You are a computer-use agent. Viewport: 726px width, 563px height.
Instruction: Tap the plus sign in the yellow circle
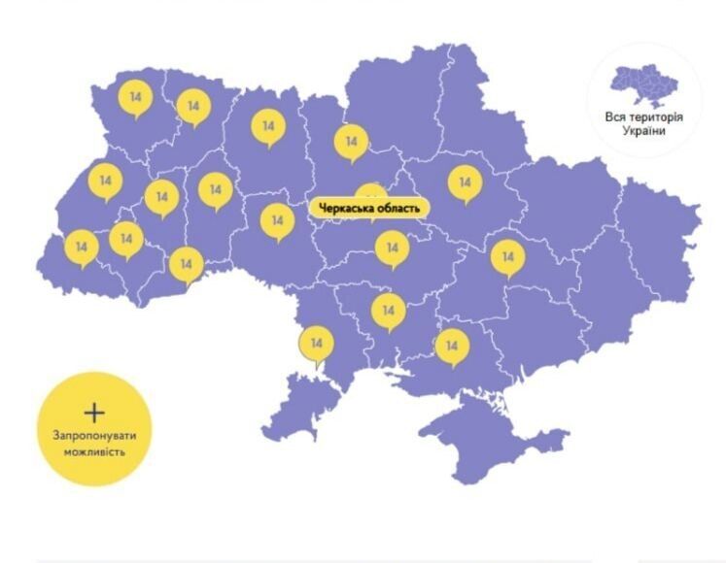point(94,411)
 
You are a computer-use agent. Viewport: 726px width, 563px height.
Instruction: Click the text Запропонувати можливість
point(94,443)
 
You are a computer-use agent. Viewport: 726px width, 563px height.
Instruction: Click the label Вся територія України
point(643,123)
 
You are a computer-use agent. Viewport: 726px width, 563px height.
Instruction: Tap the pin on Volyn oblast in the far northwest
point(135,97)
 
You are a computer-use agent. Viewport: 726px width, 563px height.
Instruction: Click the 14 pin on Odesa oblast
point(316,343)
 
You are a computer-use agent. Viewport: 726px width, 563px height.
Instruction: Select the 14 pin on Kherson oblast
point(451,345)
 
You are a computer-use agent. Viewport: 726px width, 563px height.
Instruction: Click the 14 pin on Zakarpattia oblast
point(81,248)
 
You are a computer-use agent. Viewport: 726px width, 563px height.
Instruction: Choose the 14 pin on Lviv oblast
point(104,181)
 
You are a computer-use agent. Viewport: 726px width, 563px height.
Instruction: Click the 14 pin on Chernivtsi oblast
point(186,263)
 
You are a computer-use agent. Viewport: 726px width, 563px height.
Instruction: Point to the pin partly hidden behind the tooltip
point(370,192)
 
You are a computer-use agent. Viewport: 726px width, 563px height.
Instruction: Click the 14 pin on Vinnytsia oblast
point(277,220)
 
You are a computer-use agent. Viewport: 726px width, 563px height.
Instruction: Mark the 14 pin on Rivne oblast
point(193,106)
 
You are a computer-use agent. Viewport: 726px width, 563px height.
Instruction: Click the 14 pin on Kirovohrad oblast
point(392,248)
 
